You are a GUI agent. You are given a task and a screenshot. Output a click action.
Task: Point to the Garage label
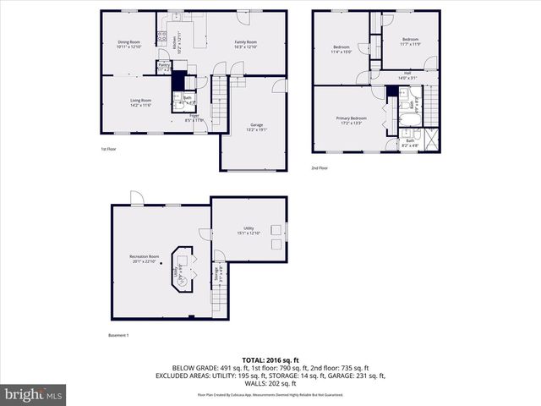(256, 127)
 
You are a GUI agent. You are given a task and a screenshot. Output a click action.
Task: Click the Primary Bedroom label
(351, 120)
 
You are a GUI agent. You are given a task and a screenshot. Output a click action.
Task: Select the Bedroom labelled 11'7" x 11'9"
(410, 41)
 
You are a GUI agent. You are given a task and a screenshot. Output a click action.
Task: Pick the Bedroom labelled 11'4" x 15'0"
(342, 48)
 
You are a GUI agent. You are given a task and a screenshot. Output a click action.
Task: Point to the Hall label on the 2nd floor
(407, 75)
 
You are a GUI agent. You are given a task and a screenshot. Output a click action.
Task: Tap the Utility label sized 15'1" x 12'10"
(249, 230)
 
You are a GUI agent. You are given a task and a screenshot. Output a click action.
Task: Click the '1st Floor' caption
(108, 150)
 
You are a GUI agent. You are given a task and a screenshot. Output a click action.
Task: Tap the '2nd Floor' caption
(320, 168)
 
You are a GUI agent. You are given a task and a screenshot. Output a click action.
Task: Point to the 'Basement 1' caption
(119, 335)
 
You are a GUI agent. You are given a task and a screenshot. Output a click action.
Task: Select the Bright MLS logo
(34, 394)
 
